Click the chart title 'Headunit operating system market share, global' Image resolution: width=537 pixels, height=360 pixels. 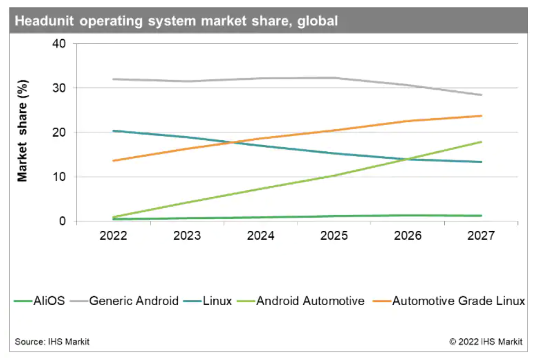(x=177, y=21)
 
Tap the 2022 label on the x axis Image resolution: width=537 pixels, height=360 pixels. (x=113, y=236)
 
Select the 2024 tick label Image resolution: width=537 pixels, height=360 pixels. (x=261, y=236)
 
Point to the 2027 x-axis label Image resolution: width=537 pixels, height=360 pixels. (x=481, y=236)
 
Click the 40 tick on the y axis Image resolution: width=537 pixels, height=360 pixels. (x=59, y=44)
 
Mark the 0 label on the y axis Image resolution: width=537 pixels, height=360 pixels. (x=63, y=221)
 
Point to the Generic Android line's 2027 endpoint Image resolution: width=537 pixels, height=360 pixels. (x=481, y=95)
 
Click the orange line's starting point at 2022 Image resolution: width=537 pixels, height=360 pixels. (x=114, y=161)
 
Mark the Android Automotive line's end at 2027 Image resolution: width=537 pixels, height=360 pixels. (x=481, y=142)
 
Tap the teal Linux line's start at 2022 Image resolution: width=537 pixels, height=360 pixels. (x=114, y=131)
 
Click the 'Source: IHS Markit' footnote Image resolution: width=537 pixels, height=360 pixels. (x=52, y=341)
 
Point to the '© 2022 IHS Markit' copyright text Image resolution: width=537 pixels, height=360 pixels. (x=486, y=341)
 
